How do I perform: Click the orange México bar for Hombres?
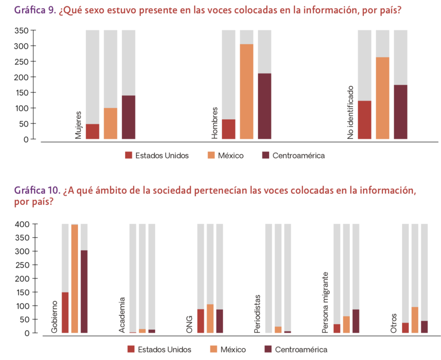coord(247,91)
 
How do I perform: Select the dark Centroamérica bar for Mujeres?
coord(129,117)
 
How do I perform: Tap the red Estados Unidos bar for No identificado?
coord(365,120)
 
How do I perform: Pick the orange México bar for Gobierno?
coord(75,278)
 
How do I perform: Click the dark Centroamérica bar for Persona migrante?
coord(356,321)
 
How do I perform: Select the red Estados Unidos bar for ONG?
coord(201,321)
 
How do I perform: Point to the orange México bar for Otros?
coord(415,320)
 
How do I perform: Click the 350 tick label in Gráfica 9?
coord(21,31)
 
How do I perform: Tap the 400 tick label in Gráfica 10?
coord(21,224)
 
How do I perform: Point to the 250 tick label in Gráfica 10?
coord(21,265)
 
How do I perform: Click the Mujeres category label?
coord(78,125)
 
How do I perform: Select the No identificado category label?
coord(351,112)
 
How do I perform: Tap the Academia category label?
coord(122,315)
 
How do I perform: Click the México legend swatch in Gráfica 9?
coord(211,156)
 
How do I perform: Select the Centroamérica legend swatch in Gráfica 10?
coord(268,349)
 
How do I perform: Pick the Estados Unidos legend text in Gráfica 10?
coord(165,350)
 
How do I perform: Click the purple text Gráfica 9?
coord(35,10)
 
